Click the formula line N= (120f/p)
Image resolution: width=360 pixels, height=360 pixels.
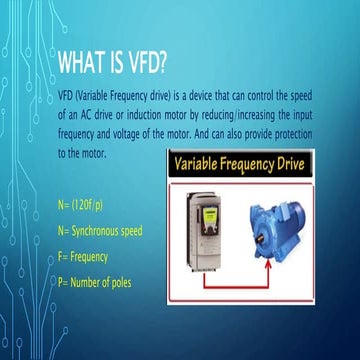click(x=85, y=206)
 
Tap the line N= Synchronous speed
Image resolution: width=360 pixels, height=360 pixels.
click(x=100, y=231)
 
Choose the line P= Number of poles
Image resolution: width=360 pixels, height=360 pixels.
click(x=95, y=282)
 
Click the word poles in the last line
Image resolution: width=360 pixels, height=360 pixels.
click(x=120, y=282)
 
